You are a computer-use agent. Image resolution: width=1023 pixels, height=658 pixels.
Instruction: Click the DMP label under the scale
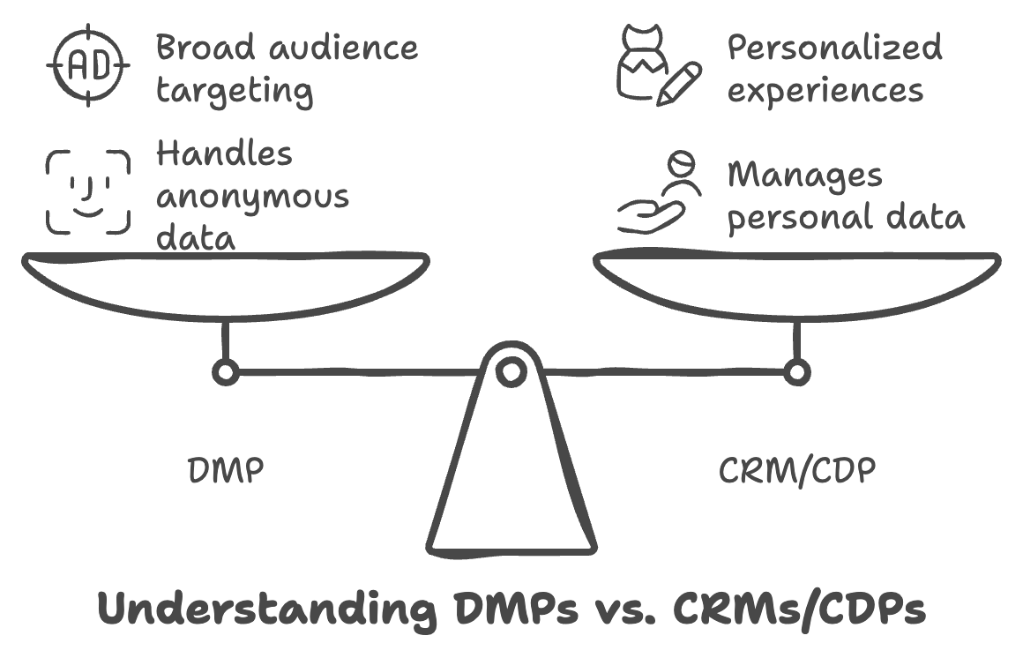[226, 471]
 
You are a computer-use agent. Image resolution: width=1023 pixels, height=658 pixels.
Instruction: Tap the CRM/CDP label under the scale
[797, 471]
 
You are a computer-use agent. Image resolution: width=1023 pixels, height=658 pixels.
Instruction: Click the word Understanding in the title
[265, 609]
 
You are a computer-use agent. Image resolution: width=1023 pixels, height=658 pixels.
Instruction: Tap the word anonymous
[252, 196]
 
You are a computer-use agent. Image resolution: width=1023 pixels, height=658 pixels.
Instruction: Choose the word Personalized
[834, 49]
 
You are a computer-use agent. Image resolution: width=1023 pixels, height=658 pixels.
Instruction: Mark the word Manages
[804, 176]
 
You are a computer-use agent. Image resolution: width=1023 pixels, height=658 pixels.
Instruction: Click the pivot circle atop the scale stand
[511, 371]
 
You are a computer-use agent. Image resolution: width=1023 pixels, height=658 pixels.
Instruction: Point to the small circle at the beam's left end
[226, 372]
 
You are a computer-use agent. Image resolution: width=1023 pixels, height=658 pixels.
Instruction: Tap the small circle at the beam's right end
[797, 372]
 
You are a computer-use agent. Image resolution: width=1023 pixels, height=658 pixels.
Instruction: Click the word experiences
[825, 91]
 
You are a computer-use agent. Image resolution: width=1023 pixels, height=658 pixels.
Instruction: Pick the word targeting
[234, 91]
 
